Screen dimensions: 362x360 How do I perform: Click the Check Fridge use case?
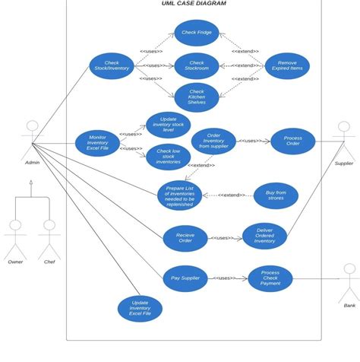197,33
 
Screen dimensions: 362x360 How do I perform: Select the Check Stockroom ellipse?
197,66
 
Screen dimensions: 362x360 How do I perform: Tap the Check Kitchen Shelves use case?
197,97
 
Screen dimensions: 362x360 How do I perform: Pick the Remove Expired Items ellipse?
287,66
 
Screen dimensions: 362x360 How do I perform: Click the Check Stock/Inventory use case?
112,66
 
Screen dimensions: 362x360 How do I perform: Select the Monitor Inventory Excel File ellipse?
97,143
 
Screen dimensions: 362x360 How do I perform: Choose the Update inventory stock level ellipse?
168,125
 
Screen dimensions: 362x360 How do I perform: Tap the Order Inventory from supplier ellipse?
213,141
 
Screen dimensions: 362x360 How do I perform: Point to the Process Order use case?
292,141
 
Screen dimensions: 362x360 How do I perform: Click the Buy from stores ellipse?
276,195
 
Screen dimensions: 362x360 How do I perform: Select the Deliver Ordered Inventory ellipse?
264,237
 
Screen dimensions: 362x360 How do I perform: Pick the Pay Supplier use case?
185,278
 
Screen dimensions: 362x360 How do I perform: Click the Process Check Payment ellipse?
270,278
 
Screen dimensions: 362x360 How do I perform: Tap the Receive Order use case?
185,238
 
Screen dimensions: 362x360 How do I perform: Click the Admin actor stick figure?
32,138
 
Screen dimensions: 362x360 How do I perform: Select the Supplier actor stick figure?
344,138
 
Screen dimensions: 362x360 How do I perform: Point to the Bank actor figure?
349,281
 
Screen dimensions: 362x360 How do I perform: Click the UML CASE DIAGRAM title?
194,4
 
